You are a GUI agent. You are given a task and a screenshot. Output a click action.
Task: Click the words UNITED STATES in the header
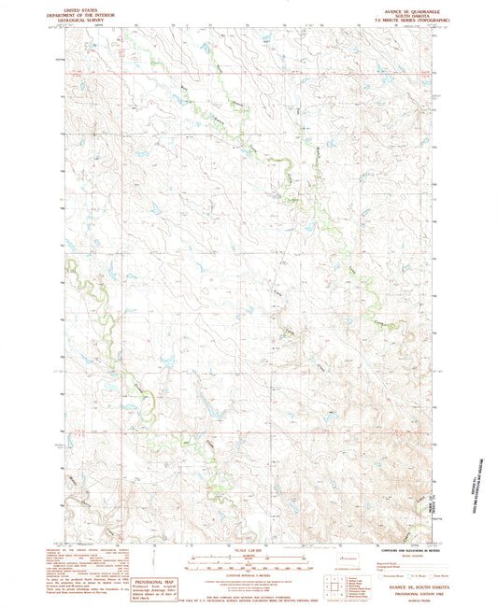(x=77, y=7)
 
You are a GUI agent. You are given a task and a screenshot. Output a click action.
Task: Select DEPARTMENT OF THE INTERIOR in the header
(x=77, y=12)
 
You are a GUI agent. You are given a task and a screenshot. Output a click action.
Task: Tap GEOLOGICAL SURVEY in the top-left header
(x=77, y=18)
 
